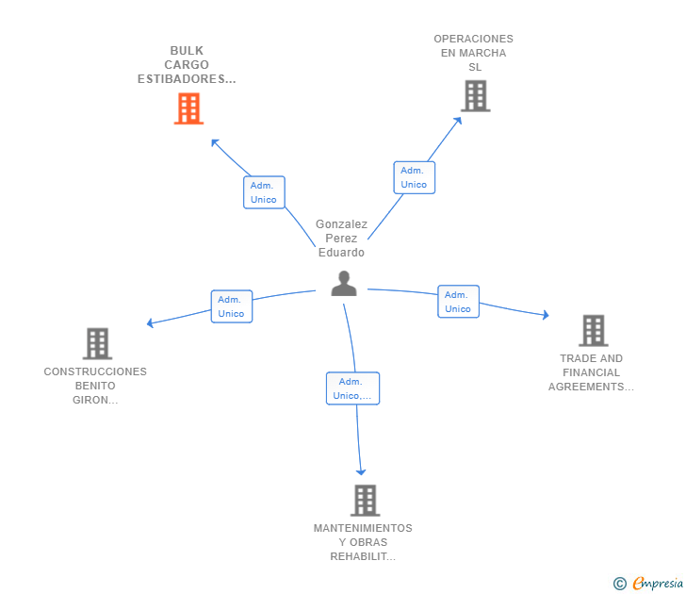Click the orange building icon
coord(189,108)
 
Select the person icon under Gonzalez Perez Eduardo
coord(344,284)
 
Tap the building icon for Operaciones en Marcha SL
coord(476,96)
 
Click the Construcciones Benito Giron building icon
coord(98,343)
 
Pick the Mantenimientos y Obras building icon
coord(366,501)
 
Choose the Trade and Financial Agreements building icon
coord(594,331)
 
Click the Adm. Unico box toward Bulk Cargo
coord(264,192)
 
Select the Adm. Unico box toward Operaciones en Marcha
coord(415,177)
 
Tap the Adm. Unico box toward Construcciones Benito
coord(232,306)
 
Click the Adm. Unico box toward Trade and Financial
coord(459,302)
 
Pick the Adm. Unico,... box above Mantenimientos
coord(352,388)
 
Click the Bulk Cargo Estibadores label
coord(187,65)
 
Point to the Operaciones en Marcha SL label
coord(473,53)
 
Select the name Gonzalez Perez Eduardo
coord(341,239)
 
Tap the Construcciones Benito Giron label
coord(95,386)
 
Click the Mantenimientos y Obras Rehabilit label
coord(363,542)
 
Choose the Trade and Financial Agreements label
coord(591,372)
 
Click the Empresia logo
coord(648,583)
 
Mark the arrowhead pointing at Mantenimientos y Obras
coord(361,471)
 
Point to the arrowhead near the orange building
coord(215,142)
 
